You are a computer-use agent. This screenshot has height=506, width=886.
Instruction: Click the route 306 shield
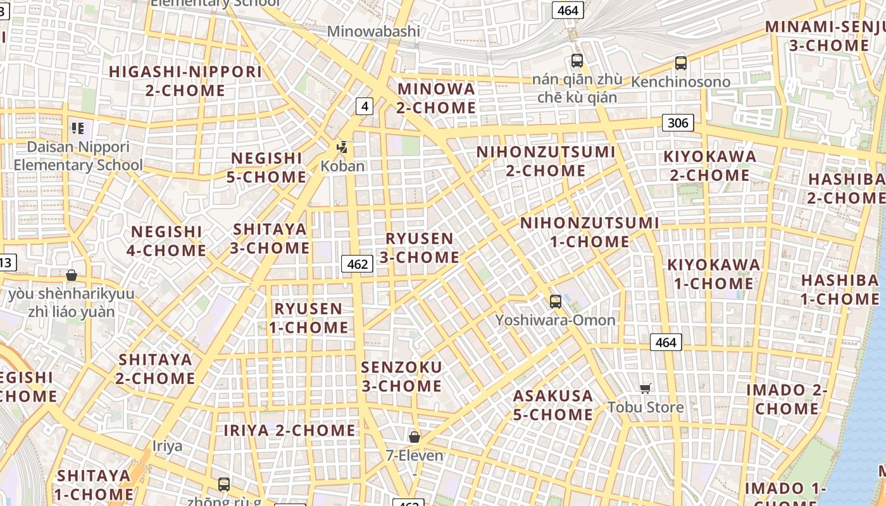coord(678,123)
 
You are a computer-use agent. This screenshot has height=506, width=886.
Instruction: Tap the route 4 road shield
coord(364,106)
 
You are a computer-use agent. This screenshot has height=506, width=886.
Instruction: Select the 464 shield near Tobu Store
coord(666,342)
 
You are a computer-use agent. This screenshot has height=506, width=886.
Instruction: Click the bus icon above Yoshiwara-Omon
coord(555,302)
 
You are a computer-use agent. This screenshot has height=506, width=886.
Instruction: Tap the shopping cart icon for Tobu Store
coord(645,388)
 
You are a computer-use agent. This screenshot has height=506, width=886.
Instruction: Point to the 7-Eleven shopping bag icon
coord(415,437)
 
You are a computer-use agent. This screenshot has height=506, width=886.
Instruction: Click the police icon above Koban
coord(342,148)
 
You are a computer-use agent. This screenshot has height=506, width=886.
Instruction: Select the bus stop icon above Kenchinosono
coord(680,63)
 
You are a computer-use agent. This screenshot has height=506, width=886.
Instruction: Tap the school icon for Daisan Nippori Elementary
coord(78,129)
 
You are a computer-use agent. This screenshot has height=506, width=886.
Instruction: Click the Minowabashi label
coord(373,31)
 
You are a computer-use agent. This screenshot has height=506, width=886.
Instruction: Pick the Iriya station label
coord(167,446)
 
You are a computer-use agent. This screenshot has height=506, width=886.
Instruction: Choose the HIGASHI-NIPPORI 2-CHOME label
coord(185,81)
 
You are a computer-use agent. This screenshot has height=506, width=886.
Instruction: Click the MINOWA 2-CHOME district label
coord(436,98)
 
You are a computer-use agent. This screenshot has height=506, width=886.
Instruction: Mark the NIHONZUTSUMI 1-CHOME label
coord(589,232)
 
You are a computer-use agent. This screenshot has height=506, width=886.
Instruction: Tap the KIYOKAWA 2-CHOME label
coord(709,166)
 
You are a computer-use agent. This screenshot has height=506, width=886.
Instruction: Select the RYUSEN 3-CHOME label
coord(420,248)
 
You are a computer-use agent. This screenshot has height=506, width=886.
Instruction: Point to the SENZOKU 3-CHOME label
coord(401,376)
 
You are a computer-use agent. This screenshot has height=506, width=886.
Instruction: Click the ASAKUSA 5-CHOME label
coord(553,405)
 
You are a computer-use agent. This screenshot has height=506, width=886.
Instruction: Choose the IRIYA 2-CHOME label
coord(290,431)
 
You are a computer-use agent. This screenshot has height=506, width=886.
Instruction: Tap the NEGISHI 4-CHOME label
coord(166,241)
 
